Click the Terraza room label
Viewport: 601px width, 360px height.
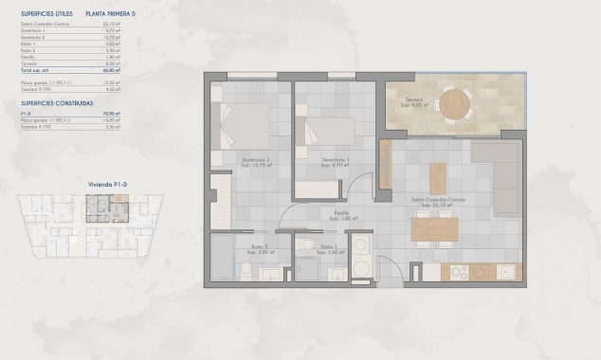click(414, 99)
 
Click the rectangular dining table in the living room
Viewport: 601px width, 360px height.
click(435, 227)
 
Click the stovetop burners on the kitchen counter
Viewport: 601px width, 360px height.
click(459, 272)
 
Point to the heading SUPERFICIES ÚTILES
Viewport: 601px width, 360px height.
click(46, 14)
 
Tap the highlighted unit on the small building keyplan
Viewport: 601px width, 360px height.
click(99, 206)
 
